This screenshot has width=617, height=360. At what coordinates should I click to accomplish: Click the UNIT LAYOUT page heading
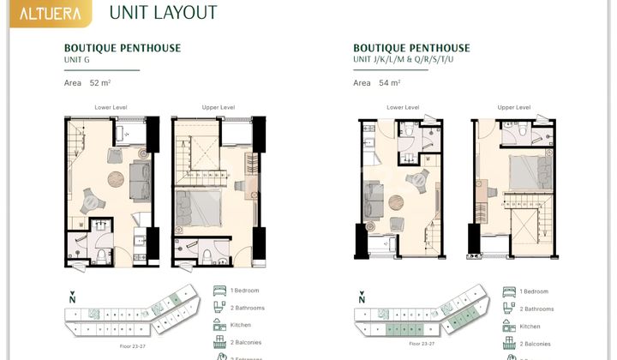pos(164,13)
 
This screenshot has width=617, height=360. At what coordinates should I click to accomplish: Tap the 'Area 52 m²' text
pos(88,83)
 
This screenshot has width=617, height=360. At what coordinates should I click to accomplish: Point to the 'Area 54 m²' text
pos(377,83)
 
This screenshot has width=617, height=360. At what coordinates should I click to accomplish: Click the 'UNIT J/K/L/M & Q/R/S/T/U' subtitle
pos(410,59)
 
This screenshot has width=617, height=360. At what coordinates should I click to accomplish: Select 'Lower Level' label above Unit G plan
pos(111,107)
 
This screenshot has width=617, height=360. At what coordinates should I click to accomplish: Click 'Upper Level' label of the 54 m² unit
pos(512,107)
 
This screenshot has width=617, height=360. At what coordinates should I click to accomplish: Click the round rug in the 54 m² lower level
pos(397,202)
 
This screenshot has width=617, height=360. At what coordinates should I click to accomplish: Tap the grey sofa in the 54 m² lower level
pos(374,201)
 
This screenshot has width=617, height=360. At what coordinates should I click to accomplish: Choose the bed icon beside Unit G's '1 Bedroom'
pos(219,291)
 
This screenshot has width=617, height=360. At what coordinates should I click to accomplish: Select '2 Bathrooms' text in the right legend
pos(537,309)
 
